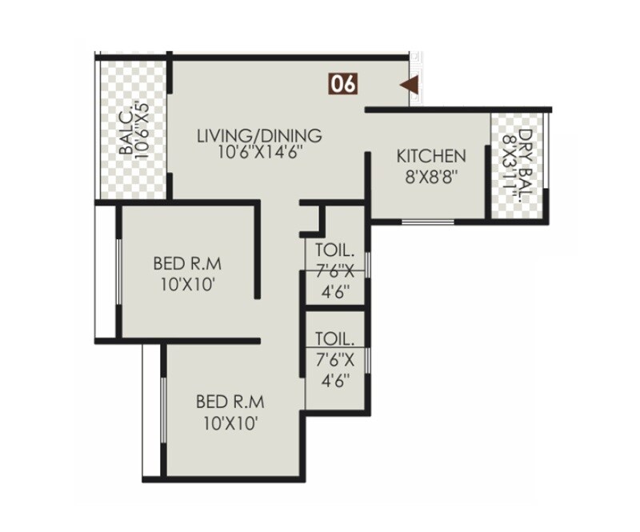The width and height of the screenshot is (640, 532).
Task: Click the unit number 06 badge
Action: point(342,84)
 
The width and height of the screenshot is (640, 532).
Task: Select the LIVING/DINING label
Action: point(259,135)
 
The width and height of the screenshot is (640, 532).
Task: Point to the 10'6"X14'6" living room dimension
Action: point(260,152)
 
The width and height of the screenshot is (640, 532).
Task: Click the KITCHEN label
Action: point(431,156)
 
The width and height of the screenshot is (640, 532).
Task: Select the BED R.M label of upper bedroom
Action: point(187,263)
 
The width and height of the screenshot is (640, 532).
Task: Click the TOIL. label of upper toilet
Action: point(332,249)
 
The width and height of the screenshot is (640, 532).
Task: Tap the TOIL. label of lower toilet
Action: point(332,338)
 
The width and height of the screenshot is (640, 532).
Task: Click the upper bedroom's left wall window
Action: point(118,273)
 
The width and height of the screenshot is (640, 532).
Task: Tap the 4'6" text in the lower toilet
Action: point(333,382)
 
